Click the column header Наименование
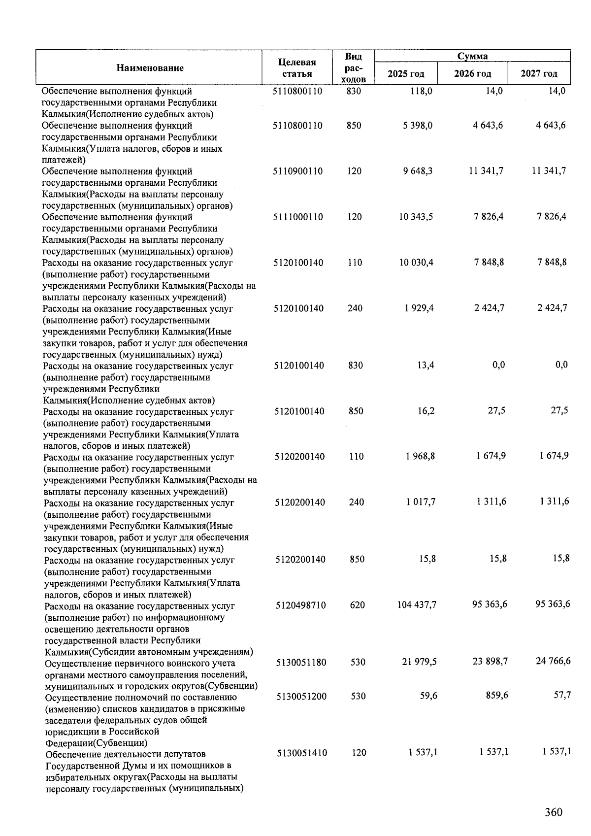pos(150,68)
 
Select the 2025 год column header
pos(406,74)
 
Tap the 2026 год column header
pos(473,74)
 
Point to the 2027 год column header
pos(539,74)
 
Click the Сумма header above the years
pos(472,56)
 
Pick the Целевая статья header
pos(296,68)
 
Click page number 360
pos(553,812)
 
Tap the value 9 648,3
pos(418,171)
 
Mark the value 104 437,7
pos(417,605)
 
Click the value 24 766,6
pos(553,661)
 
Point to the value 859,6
pos(496,695)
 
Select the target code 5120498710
pos(300,605)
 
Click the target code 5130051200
pos(301,696)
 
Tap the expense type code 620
pos(357,605)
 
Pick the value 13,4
pos(425,365)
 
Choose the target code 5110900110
pos(297,171)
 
